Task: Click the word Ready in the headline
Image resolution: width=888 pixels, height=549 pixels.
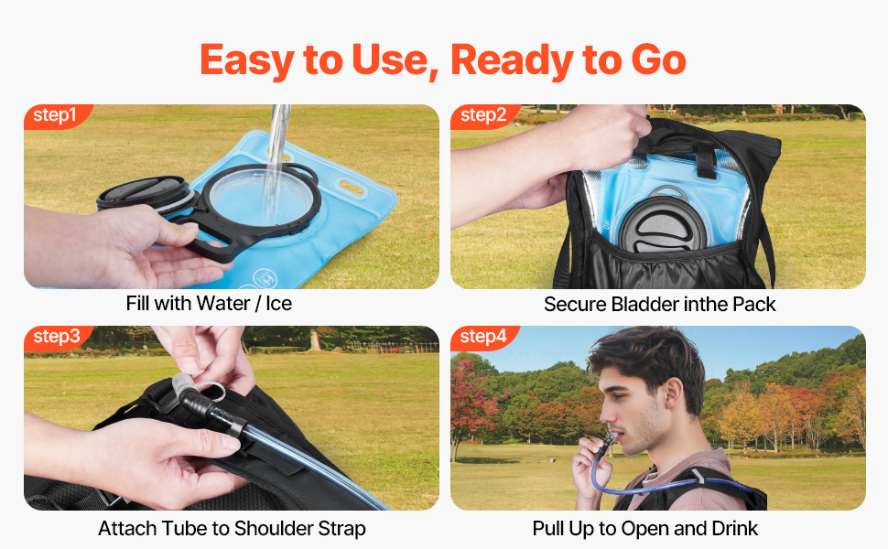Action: point(512,60)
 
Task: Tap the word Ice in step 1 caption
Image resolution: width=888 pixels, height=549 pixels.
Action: point(278,304)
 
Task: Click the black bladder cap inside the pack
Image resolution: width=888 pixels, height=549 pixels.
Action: point(662,222)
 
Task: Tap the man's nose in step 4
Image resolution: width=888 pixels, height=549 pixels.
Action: point(606,414)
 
